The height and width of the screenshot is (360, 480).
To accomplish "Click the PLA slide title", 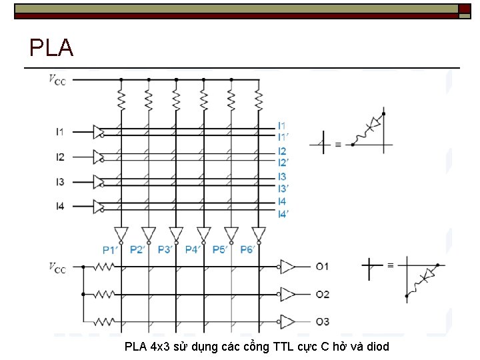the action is pos(51,48).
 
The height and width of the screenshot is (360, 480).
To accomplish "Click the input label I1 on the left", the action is pos(60,131).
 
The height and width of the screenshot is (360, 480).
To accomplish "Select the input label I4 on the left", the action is pos(60,207).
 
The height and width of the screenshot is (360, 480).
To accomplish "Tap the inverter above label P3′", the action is pos(176,235).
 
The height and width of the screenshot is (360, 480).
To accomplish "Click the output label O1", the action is pos(323,267).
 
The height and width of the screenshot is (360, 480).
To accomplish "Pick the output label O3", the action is pos(323,322).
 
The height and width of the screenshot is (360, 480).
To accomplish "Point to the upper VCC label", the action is pos(57,79).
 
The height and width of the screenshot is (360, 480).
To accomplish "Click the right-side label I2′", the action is pos(283,163).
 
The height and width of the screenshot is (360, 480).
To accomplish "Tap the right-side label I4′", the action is pos(283,214).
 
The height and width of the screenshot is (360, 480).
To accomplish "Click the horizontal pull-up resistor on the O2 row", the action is pos(103,294).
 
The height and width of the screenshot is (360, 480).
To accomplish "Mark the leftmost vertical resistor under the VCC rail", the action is pos(121,100).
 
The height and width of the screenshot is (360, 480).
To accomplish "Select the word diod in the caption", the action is pos(377,347).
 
